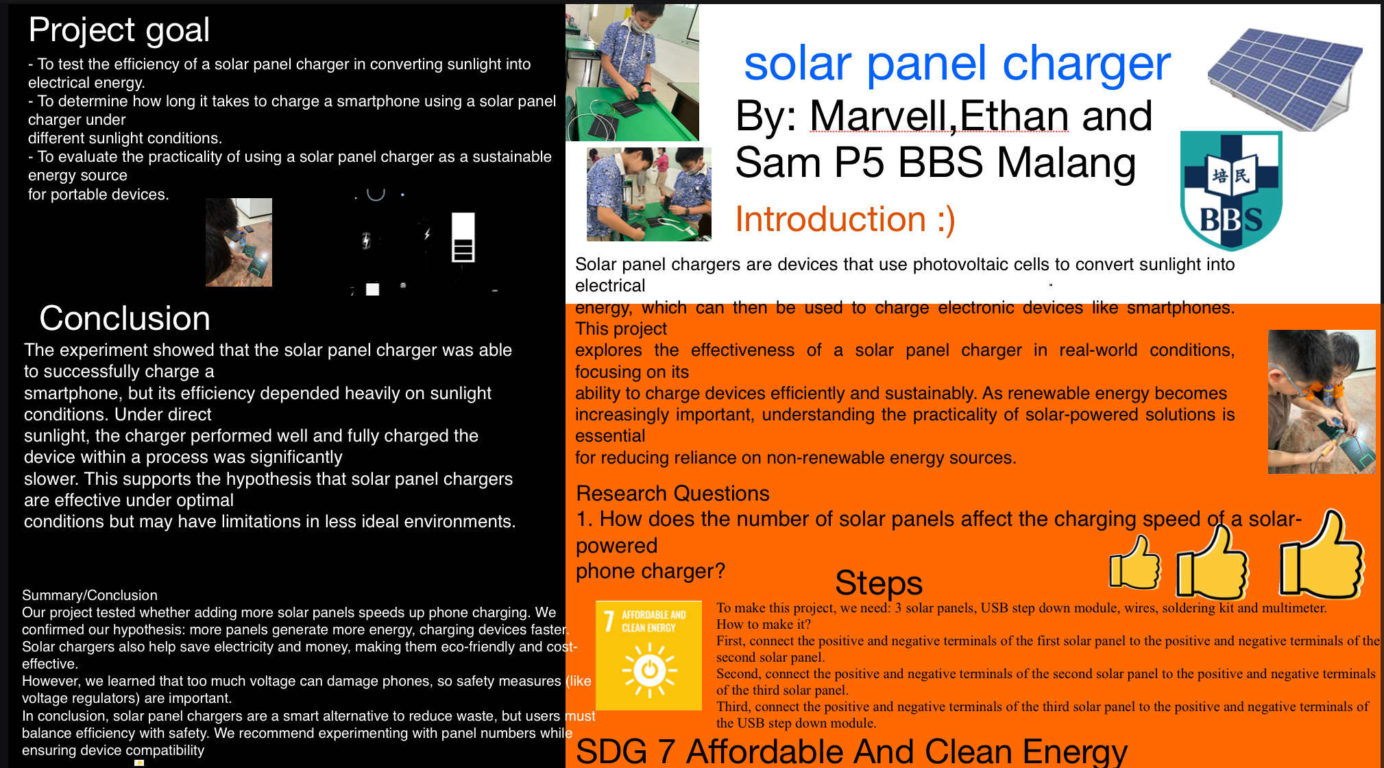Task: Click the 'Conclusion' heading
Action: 125,318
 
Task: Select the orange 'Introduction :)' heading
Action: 845,219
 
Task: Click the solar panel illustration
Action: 1285,77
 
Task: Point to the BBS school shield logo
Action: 1231,190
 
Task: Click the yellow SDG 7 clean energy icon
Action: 648,655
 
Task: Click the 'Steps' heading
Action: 879,583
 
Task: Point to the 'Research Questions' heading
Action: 672,494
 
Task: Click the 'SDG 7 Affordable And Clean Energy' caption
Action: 851,752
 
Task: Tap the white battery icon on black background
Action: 463,237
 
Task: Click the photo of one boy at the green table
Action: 632,73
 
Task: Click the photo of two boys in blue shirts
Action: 648,194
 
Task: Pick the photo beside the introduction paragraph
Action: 1322,402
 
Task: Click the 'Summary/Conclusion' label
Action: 90,595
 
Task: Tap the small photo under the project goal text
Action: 239,242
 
